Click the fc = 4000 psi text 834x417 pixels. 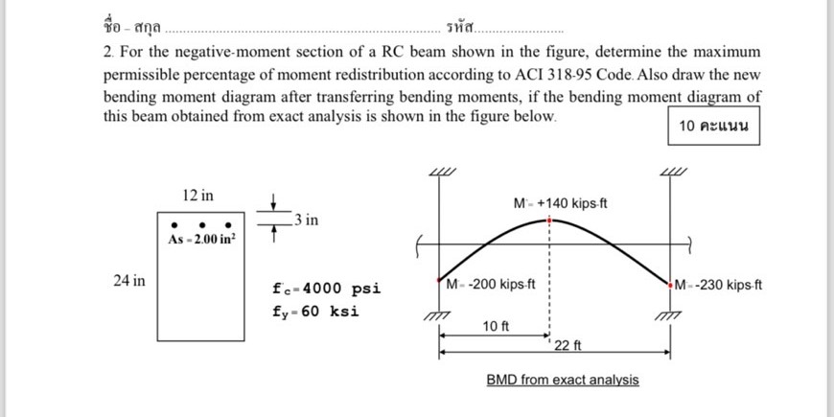click(x=327, y=289)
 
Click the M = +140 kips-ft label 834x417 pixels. click(x=561, y=203)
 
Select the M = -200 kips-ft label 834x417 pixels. click(x=491, y=284)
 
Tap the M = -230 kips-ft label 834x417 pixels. click(x=718, y=285)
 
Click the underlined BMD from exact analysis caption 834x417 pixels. click(x=562, y=380)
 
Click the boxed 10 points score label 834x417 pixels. click(x=712, y=127)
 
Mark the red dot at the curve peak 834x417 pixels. click(x=549, y=219)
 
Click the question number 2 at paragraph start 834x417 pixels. click(x=107, y=51)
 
